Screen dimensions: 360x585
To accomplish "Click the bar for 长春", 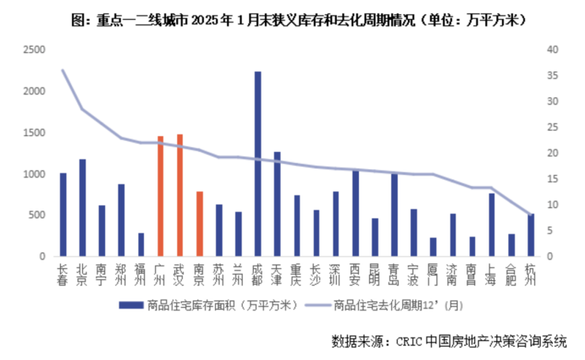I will [x=63, y=214].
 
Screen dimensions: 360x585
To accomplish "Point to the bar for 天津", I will [x=277, y=204].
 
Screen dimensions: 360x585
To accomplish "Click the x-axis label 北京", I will [x=82, y=273].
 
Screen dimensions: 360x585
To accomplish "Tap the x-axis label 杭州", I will [x=530, y=273].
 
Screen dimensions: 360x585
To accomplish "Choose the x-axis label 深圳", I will [x=335, y=273].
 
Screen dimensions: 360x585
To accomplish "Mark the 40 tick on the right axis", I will [x=553, y=50].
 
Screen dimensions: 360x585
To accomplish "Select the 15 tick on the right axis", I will [x=552, y=179].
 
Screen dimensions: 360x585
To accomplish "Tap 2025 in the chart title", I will [x=212, y=17].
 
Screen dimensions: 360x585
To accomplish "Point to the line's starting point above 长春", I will [x=63, y=70].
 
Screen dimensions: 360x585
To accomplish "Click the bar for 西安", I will [x=355, y=214].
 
